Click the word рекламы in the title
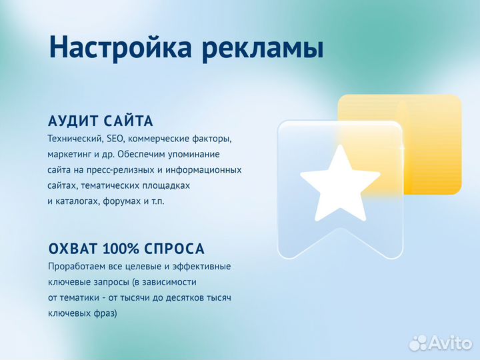click(263, 49)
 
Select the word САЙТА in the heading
click(129, 121)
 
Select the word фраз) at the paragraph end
click(103, 312)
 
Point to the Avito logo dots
click(418, 343)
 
